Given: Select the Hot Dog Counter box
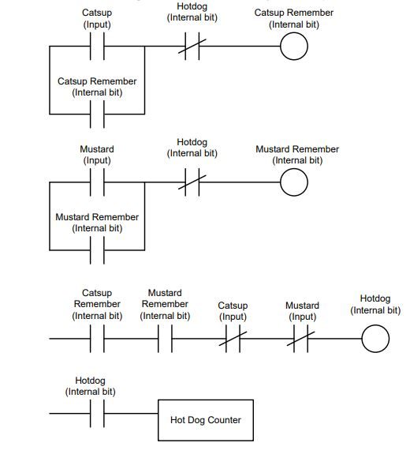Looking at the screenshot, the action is (206, 420).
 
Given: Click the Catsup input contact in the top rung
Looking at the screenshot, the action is (97, 46).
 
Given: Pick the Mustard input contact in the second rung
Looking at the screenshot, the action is (97, 182).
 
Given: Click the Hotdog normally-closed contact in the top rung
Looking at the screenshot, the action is (192, 46).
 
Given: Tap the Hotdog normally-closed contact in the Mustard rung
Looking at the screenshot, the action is (192, 182).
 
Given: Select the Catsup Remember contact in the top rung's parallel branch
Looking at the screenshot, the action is (97, 114).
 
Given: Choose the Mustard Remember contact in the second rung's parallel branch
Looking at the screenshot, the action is (97, 250).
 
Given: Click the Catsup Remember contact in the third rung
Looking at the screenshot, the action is (97, 339).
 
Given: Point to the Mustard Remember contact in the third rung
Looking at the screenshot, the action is (165, 339).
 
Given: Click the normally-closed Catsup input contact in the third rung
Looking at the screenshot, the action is (233, 339).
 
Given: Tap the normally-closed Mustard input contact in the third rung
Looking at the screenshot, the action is (300, 339).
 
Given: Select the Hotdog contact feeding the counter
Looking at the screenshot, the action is (97, 414).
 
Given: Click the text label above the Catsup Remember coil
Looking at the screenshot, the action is (294, 18).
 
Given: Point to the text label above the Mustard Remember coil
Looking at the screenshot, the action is (297, 155).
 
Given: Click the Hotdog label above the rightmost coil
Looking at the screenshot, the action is (375, 304).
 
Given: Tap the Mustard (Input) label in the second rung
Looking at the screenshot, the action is (97, 155).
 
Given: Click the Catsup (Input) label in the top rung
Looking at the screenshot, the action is (97, 18).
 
